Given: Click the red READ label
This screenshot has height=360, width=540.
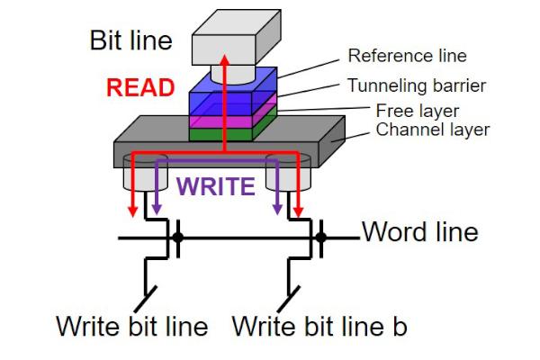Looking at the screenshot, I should [140, 87].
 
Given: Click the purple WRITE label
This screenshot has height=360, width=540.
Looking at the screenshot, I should [215, 186].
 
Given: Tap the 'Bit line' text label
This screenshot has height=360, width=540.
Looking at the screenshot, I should [130, 40].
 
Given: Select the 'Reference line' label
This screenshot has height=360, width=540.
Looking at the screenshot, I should [407, 56].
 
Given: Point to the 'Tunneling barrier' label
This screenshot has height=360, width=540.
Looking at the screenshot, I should [417, 86].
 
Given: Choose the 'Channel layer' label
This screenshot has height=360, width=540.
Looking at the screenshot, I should [432, 130].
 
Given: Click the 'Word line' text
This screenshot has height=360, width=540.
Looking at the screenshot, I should [419, 232].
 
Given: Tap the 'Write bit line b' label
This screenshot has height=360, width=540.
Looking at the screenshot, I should [319, 325].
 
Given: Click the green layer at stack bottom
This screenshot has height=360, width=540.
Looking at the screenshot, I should [220, 134].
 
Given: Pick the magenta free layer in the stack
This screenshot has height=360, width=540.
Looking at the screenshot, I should [220, 121].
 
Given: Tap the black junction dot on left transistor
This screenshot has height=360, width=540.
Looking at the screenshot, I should [178, 238].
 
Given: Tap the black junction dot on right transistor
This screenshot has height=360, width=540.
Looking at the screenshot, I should [320, 238].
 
